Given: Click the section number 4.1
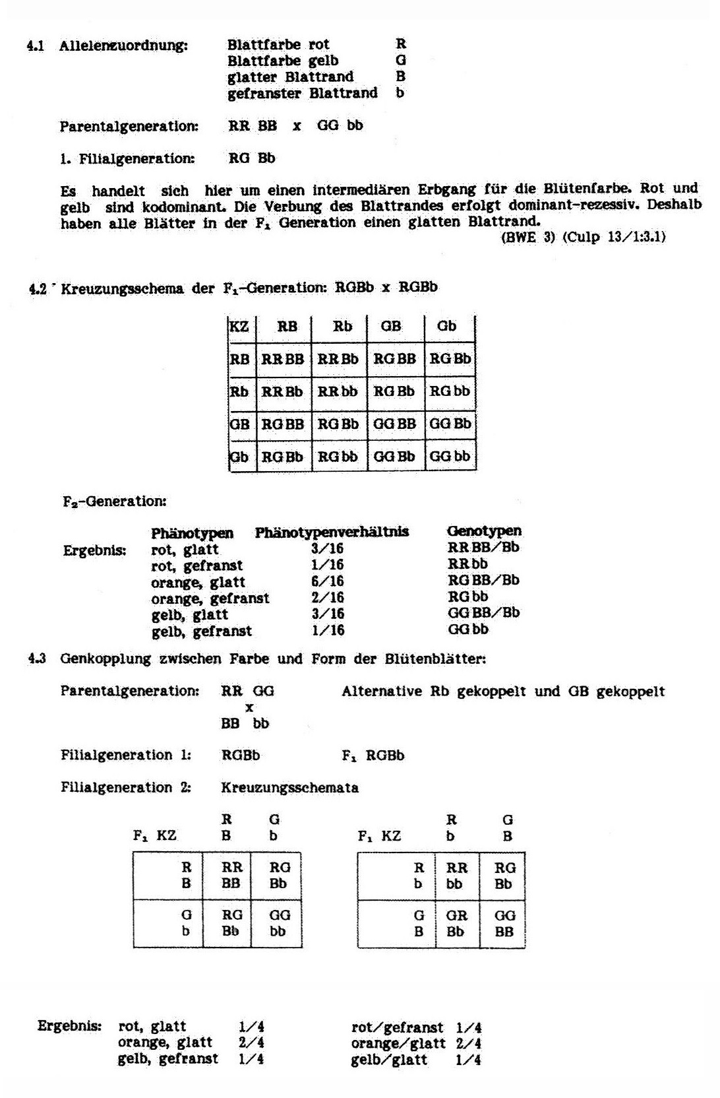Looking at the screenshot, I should coord(35,46).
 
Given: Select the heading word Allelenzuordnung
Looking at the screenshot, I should coord(123,46).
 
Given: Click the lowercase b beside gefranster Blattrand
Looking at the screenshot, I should coord(400,93).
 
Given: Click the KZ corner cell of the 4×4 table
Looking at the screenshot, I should coord(239,326).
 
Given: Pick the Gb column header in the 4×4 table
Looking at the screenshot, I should coord(446,326).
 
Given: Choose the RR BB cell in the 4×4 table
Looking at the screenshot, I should coord(283,359).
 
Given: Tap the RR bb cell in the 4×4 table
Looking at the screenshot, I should coord(338,391).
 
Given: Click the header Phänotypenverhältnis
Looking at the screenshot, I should coord(332,532).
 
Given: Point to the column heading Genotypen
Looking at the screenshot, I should coord(484,531).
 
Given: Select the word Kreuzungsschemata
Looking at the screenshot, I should coord(289,787).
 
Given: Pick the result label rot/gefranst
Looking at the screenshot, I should coord(397,1027).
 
